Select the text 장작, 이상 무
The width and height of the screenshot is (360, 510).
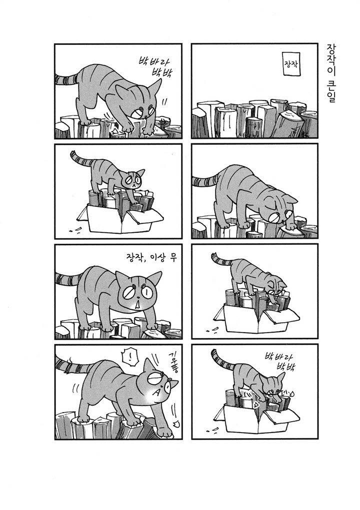click(x=151, y=258)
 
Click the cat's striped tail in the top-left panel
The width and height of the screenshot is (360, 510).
click(x=66, y=78)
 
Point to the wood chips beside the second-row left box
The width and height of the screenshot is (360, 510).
click(x=75, y=231)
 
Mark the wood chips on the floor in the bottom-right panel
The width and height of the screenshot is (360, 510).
click(x=212, y=431)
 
